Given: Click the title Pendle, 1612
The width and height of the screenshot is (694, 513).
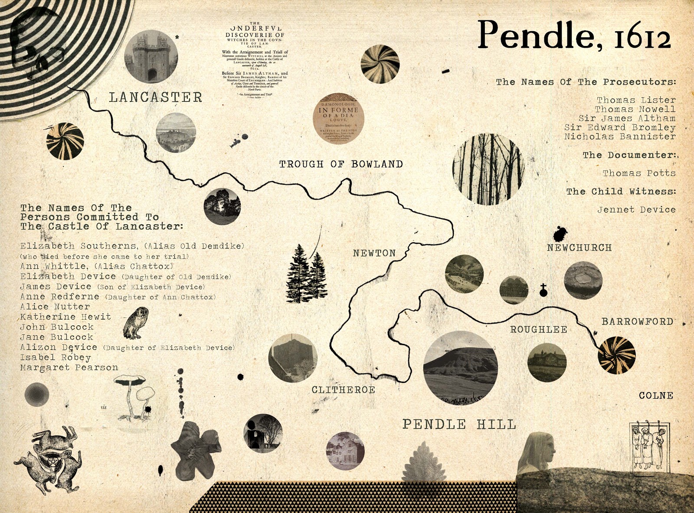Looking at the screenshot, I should pyautogui.click(x=574, y=35).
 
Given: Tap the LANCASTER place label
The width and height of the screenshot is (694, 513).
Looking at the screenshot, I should pyautogui.click(x=155, y=97).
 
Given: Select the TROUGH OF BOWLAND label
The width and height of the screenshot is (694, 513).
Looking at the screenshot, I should pyautogui.click(x=341, y=164).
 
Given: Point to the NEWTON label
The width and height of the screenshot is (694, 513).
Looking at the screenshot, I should pyautogui.click(x=374, y=253).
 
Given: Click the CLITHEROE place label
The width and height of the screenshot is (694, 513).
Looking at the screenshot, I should pyautogui.click(x=343, y=390).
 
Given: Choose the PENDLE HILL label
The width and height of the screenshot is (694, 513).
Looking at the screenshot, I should pyautogui.click(x=459, y=424).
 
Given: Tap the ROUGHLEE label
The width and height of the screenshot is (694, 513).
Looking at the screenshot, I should pyautogui.click(x=539, y=330).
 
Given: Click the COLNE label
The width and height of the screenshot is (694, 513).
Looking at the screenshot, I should pyautogui.click(x=656, y=395).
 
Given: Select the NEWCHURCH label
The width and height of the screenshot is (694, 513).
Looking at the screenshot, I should pyautogui.click(x=579, y=248).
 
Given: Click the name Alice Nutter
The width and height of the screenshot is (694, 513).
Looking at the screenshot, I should pyautogui.click(x=55, y=307).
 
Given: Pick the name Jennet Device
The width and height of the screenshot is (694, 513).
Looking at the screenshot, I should pyautogui.click(x=636, y=209).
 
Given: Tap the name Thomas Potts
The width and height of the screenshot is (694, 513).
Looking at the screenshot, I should pyautogui.click(x=639, y=173).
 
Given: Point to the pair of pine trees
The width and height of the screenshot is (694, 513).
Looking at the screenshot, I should pyautogui.click(x=306, y=273).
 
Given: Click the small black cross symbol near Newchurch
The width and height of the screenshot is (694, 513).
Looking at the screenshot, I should pyautogui.click(x=543, y=290).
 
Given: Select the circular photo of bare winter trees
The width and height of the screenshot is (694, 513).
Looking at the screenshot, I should pyautogui.click(x=488, y=170).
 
